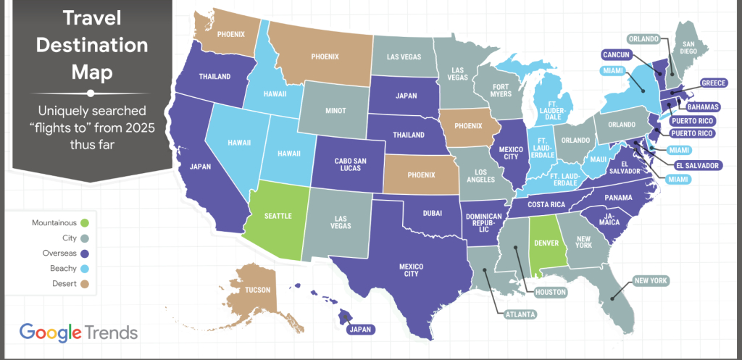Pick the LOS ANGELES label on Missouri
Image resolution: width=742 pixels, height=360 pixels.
pyautogui.click(x=480, y=178)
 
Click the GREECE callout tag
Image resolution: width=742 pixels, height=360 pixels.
pyautogui.click(x=713, y=83)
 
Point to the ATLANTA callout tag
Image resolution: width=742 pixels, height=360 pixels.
pyautogui.click(x=521, y=314)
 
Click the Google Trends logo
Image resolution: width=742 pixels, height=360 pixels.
pyautogui.click(x=78, y=332)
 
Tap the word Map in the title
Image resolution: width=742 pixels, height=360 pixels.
pyautogui.click(x=92, y=70)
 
